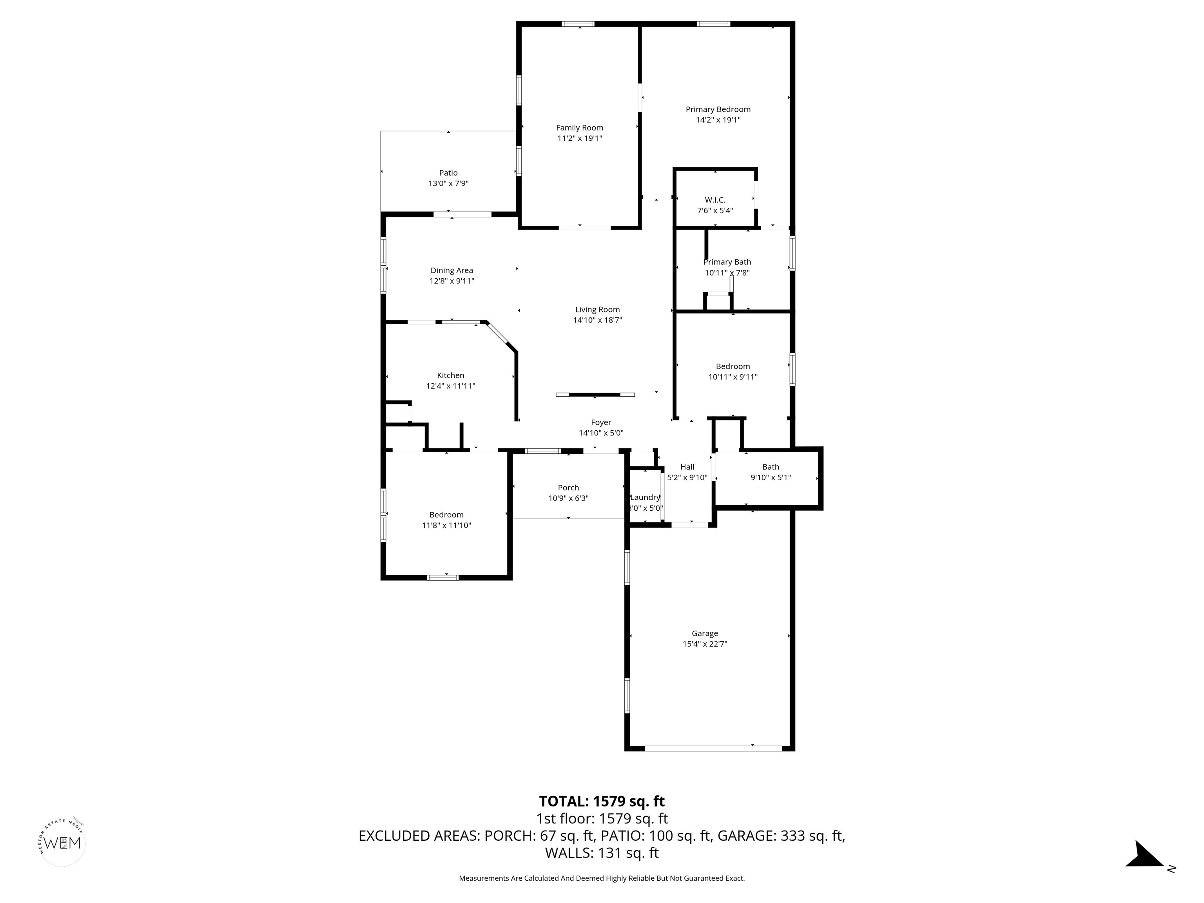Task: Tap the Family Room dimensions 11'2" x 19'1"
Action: (579, 138)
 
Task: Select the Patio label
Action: (448, 173)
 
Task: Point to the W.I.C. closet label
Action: (714, 200)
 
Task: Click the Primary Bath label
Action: (727, 262)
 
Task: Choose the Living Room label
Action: (597, 310)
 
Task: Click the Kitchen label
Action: (450, 375)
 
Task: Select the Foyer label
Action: (601, 422)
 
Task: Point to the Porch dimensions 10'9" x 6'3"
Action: (568, 498)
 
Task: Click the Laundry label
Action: (645, 497)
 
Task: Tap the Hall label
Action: (687, 466)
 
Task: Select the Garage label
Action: (704, 633)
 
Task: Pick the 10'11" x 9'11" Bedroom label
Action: (733, 366)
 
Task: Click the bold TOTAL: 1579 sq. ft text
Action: (602, 801)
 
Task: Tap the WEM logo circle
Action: (63, 843)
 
